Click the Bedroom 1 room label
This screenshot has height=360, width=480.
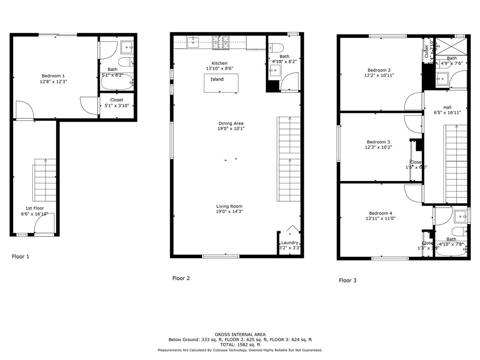53,76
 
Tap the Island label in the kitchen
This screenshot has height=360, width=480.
217,79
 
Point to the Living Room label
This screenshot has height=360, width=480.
229,206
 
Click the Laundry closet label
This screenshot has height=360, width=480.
290,242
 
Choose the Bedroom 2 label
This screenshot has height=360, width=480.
379,70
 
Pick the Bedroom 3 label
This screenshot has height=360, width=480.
378,142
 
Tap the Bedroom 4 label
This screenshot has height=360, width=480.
380,213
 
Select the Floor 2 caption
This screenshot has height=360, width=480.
181,278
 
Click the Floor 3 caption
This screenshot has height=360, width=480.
348,280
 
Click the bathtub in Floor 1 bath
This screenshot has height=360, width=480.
117,82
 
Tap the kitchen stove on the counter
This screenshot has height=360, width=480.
219,43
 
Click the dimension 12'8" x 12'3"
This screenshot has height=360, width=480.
53,82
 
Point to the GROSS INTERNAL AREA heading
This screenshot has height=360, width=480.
240,335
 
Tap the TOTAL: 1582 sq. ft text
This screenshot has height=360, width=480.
240,345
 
